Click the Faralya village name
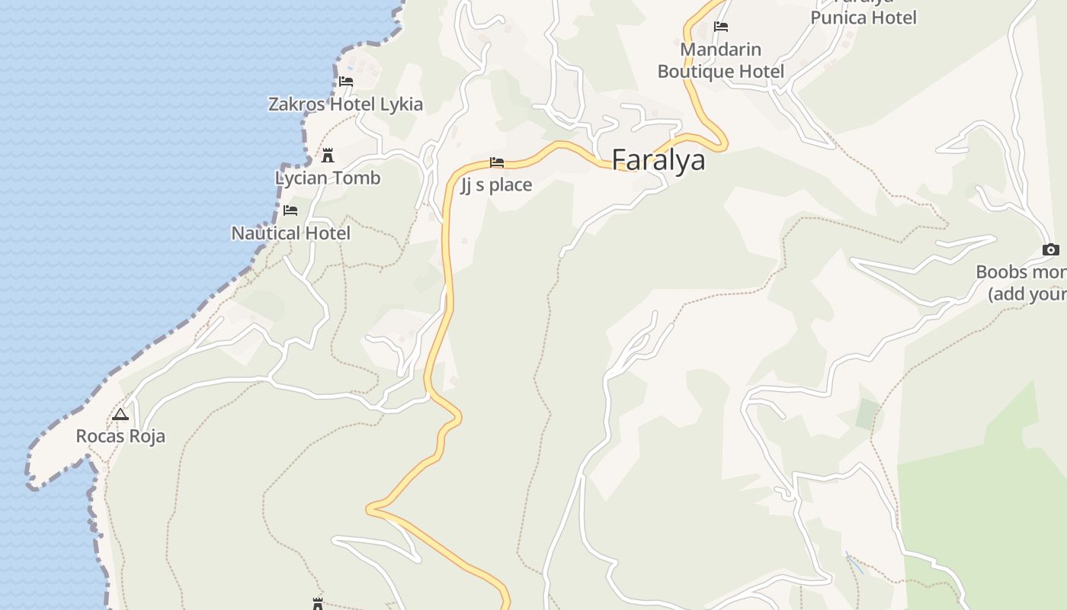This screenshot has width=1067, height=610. click(658, 160)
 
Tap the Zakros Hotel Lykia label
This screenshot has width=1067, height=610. click(345, 104)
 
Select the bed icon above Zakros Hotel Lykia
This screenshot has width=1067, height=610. click(346, 81)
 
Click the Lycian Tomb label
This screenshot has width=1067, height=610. click(328, 178)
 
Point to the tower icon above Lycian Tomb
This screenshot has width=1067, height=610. click(328, 156)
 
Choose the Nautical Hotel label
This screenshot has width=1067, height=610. click(290, 233)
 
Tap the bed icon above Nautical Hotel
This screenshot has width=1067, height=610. click(290, 210)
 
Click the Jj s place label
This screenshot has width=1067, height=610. click(496, 185)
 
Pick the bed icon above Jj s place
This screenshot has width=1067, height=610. click(497, 162)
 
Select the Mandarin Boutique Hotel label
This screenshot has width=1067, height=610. click(720, 60)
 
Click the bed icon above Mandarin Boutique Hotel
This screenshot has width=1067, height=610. click(721, 27)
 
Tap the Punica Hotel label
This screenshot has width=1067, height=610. click(864, 17)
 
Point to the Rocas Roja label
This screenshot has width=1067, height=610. click(120, 436)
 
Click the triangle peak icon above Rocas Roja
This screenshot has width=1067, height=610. click(120, 415)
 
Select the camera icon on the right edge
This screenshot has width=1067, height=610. click(1051, 249)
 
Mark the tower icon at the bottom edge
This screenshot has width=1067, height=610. click(318, 604)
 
